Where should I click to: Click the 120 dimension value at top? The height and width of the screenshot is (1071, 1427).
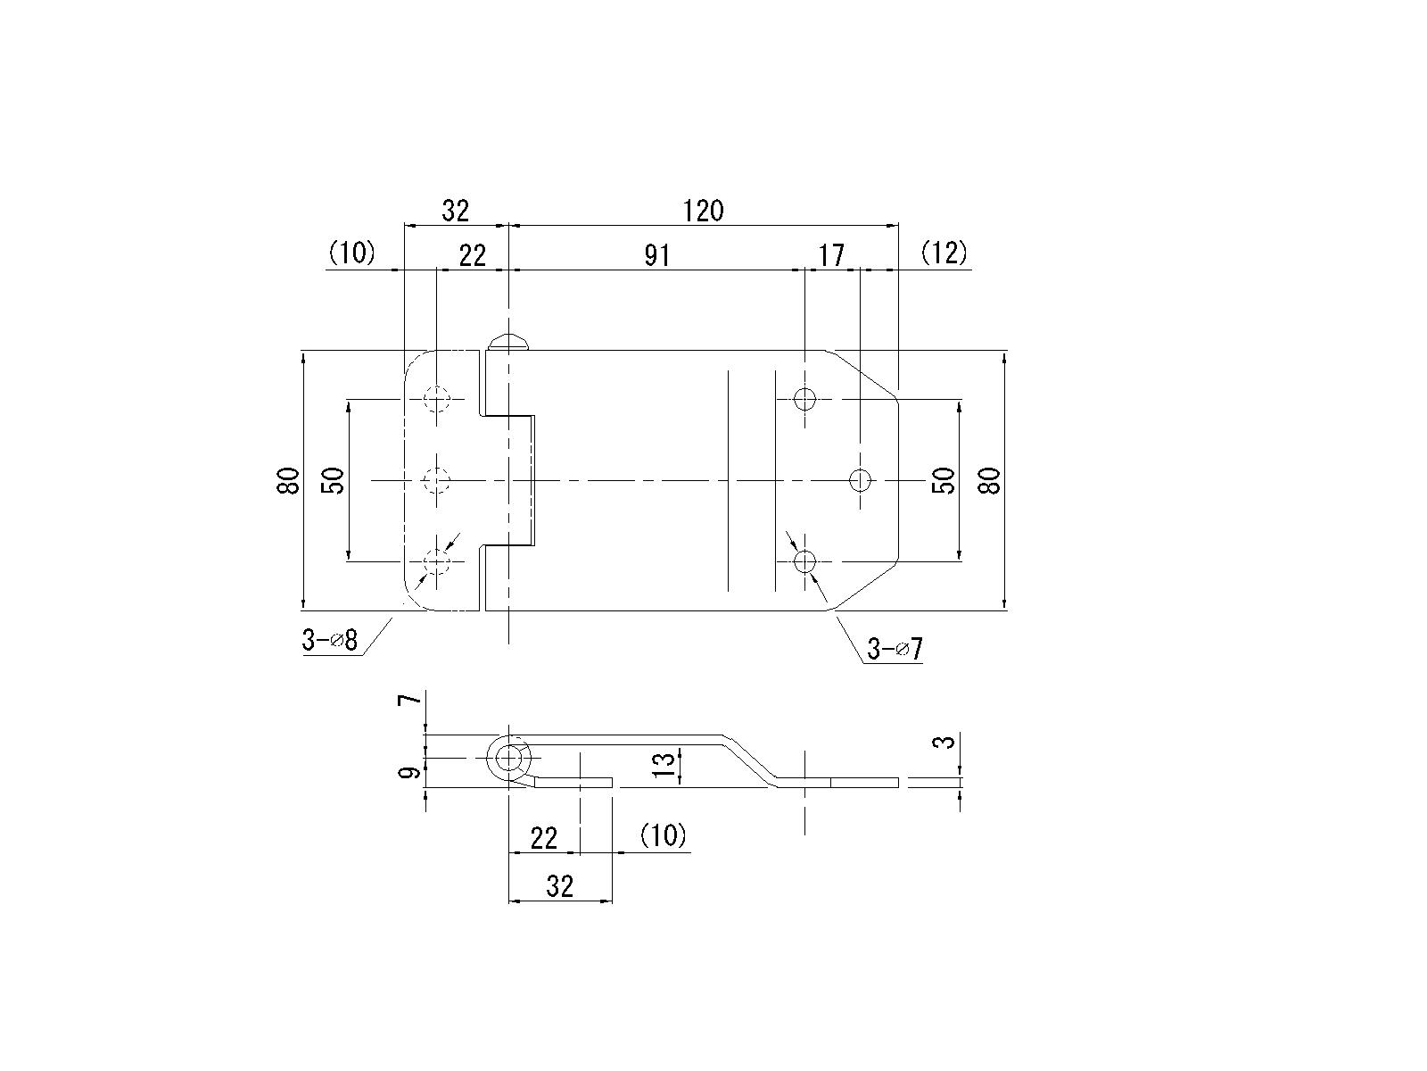(704, 212)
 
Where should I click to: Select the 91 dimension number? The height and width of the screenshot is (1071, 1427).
(656, 256)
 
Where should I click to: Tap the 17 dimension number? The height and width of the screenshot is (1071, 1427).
(831, 256)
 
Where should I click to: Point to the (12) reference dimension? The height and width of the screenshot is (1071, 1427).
(944, 253)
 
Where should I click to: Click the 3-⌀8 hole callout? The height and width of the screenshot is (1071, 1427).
(329, 640)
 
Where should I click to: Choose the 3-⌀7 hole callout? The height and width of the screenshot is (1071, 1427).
(895, 649)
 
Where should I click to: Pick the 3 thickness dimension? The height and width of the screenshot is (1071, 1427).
(947, 742)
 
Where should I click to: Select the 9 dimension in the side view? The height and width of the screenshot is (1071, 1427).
(411, 773)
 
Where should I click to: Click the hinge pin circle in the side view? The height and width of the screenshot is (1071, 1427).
(509, 759)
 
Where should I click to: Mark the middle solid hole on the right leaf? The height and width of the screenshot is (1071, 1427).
(860, 480)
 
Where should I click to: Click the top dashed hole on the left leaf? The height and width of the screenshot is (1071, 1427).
(437, 399)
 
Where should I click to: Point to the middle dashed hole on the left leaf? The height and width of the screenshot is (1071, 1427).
(437, 480)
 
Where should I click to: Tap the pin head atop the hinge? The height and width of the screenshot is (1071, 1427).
(509, 341)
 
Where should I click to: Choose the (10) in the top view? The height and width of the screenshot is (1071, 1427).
(352, 253)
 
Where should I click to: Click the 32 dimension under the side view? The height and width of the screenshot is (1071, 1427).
(559, 886)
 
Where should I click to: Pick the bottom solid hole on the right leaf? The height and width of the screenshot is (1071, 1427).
(804, 561)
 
